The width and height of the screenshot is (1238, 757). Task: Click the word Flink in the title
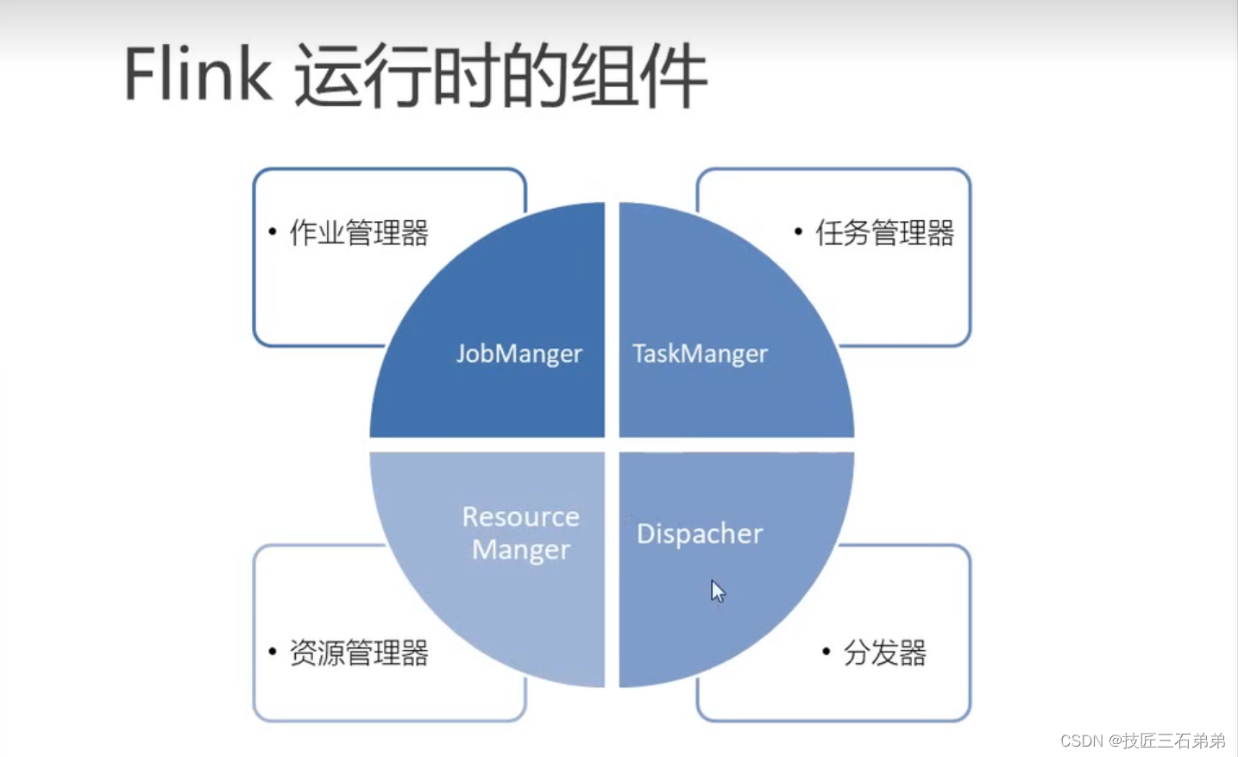(x=198, y=75)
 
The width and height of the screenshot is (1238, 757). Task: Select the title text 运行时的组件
(x=500, y=77)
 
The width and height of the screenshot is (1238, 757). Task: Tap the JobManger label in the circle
(x=518, y=354)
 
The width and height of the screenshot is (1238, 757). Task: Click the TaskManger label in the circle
(x=700, y=354)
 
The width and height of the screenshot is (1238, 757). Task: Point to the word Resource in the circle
(x=520, y=516)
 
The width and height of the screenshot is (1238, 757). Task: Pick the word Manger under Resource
(x=520, y=550)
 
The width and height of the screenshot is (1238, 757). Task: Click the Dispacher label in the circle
(x=700, y=533)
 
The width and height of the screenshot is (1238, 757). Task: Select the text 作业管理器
(x=359, y=233)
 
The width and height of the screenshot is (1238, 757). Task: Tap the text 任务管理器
(x=884, y=233)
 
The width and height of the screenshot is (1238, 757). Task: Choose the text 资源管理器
(x=359, y=653)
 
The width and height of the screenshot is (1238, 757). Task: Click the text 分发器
(x=884, y=653)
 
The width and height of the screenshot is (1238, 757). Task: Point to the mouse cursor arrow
(x=717, y=591)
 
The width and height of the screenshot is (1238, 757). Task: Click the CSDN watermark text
(x=1082, y=741)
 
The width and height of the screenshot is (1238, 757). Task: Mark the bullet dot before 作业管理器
(x=273, y=231)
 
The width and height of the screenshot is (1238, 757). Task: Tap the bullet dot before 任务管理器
(x=798, y=231)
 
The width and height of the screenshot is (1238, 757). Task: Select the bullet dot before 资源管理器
(x=273, y=652)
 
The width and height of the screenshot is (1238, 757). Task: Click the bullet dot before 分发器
(x=826, y=652)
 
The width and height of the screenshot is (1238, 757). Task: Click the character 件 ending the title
(x=674, y=77)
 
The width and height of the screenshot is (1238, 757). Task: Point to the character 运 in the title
(x=328, y=77)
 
